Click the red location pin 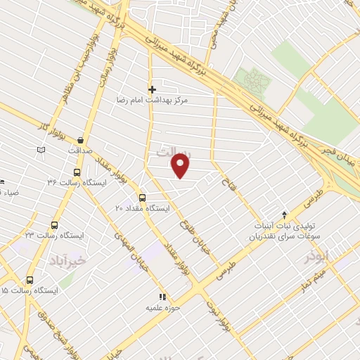181,165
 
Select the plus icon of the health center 152,90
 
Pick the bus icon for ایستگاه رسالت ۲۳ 55,225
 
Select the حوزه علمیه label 164,307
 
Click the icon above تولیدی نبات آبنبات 284,214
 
